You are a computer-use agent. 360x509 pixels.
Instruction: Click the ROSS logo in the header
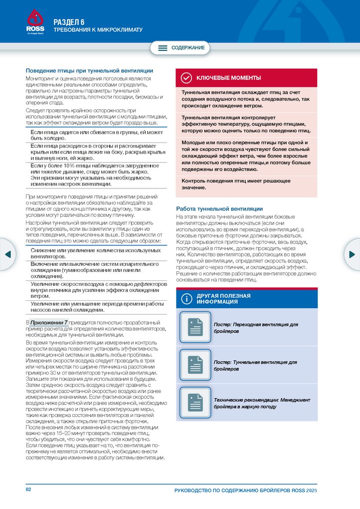(x=35, y=23)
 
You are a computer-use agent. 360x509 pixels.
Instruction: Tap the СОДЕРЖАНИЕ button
(x=180, y=48)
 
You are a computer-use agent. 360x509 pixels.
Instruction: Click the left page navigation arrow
(x=7, y=254)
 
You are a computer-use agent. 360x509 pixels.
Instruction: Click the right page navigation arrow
(x=352, y=254)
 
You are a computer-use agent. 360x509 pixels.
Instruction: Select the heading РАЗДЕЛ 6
(x=69, y=21)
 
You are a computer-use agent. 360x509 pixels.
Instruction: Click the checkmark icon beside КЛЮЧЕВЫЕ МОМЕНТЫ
(x=186, y=78)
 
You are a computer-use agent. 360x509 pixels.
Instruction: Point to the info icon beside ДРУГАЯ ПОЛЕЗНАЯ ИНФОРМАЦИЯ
(x=186, y=299)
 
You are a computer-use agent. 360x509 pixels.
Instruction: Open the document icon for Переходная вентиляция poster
(x=195, y=327)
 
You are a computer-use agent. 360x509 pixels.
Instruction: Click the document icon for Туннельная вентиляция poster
(x=195, y=365)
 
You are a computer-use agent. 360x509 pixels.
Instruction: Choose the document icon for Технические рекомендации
(x=195, y=402)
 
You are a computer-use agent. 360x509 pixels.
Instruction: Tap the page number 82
(x=29, y=490)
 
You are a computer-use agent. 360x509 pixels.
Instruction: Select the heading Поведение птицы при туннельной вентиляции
(x=90, y=71)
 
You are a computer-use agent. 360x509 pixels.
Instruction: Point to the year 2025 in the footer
(x=311, y=491)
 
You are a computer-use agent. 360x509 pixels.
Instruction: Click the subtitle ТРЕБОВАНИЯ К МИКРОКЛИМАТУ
(x=98, y=30)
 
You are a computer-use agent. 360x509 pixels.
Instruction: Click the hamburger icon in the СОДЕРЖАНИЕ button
(x=163, y=48)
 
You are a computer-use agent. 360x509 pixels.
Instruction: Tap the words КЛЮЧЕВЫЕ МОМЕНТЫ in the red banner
(x=228, y=78)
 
